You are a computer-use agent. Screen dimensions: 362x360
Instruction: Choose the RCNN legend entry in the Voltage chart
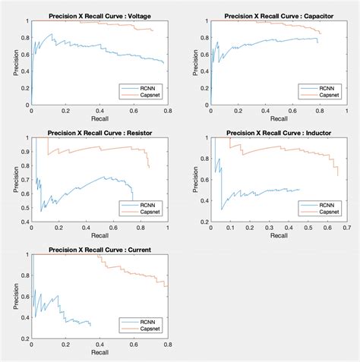(x=150, y=87)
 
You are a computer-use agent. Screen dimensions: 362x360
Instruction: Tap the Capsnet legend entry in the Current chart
(x=150, y=329)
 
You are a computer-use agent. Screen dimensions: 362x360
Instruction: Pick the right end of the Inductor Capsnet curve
(x=338, y=175)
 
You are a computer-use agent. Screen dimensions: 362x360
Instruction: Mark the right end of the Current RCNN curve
(x=90, y=326)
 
